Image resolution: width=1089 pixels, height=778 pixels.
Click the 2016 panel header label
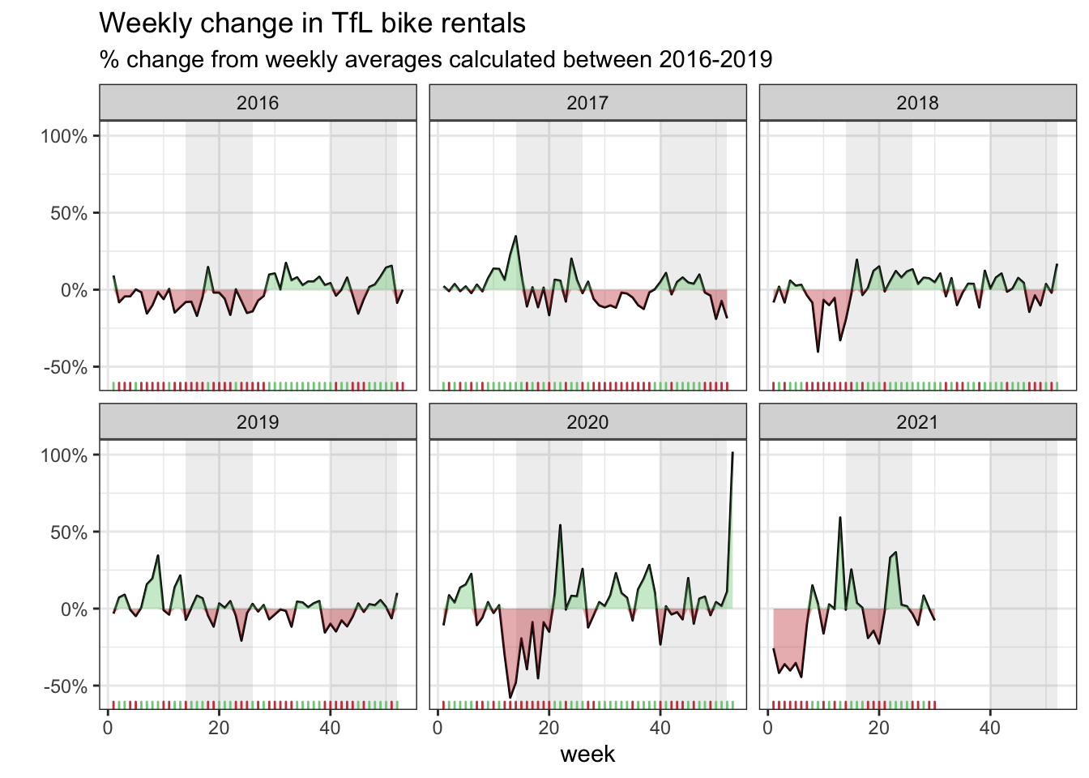(x=258, y=103)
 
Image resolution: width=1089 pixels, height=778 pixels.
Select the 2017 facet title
(x=587, y=103)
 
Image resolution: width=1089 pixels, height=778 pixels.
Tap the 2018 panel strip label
(x=917, y=103)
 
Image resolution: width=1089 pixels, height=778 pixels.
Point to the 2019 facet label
(x=258, y=422)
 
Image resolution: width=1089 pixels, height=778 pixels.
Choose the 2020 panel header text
(x=587, y=422)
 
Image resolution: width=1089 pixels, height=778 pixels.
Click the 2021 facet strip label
(x=917, y=422)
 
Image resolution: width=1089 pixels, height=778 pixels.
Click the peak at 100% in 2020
(x=732, y=453)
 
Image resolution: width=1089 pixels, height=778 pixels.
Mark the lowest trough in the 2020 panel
(x=510, y=697)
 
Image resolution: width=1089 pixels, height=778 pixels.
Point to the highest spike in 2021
(x=840, y=517)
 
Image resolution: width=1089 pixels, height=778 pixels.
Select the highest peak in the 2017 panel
(x=515, y=237)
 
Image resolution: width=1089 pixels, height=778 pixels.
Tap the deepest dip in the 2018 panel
(x=818, y=351)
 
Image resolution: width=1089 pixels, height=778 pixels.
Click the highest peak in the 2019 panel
(x=158, y=555)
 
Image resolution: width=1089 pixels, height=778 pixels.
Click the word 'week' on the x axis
(x=587, y=754)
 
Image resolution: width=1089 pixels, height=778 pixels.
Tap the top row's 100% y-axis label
(x=64, y=136)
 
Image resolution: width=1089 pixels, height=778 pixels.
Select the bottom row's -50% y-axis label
(x=64, y=686)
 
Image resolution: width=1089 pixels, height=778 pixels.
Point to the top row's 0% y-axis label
(x=74, y=290)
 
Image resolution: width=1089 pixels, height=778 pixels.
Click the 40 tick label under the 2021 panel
(x=990, y=728)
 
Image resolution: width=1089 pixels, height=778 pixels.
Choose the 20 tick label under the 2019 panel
(x=219, y=728)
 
